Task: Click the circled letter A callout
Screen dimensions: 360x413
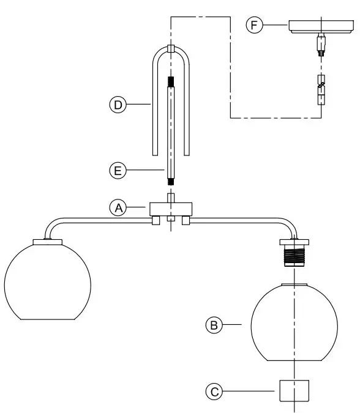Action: click(118, 208)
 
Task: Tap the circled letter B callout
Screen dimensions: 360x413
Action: click(214, 325)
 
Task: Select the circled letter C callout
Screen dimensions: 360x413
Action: click(214, 392)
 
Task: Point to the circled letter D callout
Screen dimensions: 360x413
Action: click(118, 105)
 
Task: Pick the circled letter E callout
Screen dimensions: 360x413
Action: click(118, 171)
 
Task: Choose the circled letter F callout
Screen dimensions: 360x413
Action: click(254, 24)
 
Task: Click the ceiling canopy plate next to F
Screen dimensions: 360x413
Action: click(321, 26)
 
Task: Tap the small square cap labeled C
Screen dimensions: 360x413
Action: click(294, 391)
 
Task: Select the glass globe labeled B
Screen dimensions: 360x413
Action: click(294, 322)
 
